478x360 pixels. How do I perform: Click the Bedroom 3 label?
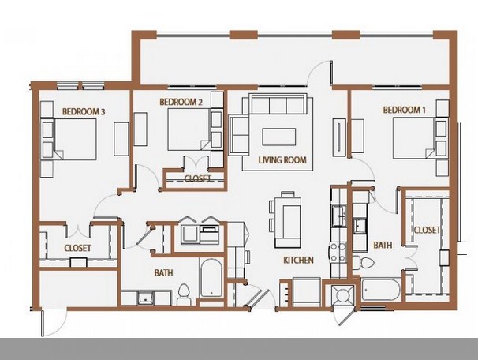(x=84, y=111)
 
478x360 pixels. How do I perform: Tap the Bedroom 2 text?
(x=181, y=102)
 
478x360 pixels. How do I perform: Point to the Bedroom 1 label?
(x=404, y=110)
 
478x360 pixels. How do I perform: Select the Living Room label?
(x=282, y=159)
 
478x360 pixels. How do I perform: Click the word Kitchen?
(x=298, y=261)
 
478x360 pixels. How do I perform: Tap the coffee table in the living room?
(x=279, y=137)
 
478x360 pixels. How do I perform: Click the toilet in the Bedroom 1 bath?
(x=363, y=263)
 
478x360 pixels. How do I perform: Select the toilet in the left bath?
(x=184, y=294)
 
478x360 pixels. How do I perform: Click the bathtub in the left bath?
(x=211, y=278)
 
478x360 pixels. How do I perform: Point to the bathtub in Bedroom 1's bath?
(x=381, y=289)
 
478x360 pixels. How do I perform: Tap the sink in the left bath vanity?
(x=146, y=298)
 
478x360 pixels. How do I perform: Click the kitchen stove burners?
(x=338, y=253)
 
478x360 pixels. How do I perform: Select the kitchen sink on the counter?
(x=339, y=216)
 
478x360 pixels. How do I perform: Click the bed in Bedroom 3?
(x=69, y=140)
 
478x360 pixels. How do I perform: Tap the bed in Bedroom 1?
(x=420, y=138)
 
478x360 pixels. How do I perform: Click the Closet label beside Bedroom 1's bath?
(x=427, y=230)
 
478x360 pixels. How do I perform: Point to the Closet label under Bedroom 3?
(x=78, y=248)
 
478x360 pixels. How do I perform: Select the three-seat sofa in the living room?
(x=278, y=104)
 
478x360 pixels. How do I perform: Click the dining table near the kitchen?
(x=288, y=222)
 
